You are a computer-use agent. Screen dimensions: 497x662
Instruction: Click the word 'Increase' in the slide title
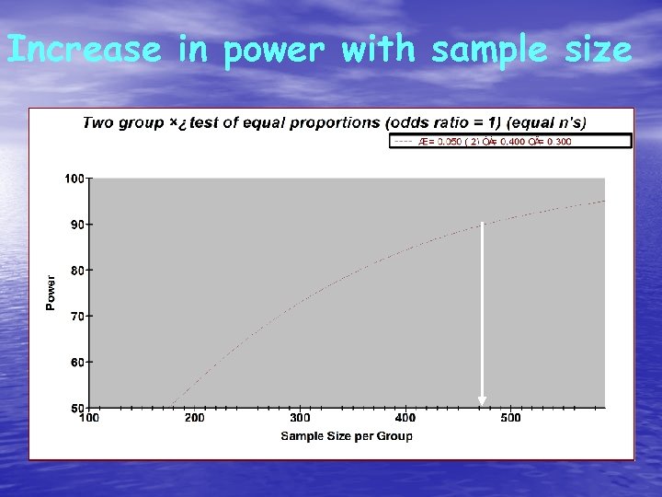84,50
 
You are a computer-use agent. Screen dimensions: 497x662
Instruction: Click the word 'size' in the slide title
597,50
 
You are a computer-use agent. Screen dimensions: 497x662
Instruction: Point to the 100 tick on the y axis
75,178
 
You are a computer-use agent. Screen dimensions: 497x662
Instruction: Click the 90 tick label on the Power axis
77,224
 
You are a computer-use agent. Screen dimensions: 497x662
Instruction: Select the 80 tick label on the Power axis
77,270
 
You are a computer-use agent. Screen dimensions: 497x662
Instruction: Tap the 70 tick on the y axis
77,316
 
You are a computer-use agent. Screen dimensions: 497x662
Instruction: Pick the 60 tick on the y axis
77,362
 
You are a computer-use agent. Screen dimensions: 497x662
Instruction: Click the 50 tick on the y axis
77,407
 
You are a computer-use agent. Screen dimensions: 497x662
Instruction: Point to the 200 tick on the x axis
195,418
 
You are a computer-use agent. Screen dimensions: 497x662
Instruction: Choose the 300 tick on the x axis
300,418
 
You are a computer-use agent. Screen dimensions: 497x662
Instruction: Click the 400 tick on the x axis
405,418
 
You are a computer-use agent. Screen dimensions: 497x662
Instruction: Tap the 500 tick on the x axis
510,418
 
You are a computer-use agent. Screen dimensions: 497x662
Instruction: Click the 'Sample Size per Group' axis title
347,435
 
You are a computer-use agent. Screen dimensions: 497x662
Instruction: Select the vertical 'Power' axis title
51,292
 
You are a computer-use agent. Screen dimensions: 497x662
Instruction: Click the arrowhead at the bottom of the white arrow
482,400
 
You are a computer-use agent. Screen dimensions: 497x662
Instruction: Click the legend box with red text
511,141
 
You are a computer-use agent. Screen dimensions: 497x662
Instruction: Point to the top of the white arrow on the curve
482,225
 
